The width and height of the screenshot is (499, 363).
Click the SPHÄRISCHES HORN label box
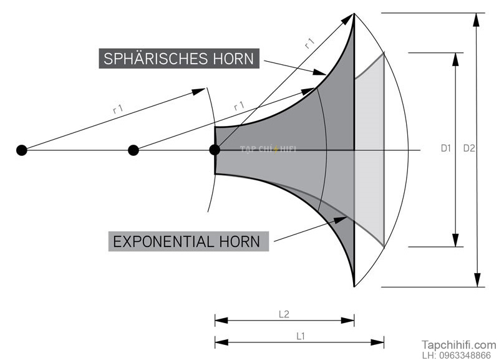[179, 59]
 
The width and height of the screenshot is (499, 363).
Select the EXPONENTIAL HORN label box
[188, 241]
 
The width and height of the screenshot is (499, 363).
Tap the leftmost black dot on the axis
[22, 150]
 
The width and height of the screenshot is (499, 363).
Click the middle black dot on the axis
[133, 150]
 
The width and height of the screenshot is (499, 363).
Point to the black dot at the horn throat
[215, 150]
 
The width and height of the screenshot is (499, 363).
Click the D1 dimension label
[446, 148]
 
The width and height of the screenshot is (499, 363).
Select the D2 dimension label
[469, 148]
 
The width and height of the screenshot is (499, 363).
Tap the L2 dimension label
[284, 314]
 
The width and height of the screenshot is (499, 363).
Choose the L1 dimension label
[301, 336]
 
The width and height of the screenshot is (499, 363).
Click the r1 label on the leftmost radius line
[118, 109]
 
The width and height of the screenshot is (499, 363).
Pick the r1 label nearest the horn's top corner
[309, 43]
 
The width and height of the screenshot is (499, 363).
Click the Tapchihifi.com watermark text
[459, 345]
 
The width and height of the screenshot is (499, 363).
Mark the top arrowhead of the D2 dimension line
[476, 20]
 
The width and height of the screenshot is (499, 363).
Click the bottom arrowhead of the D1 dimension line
[456, 240]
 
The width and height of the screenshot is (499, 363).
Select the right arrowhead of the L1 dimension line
[377, 342]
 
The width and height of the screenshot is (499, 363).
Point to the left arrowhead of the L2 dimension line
[221, 321]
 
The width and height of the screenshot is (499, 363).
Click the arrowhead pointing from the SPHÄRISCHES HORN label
[319, 72]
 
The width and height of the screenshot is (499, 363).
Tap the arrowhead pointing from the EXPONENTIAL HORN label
[340, 220]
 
